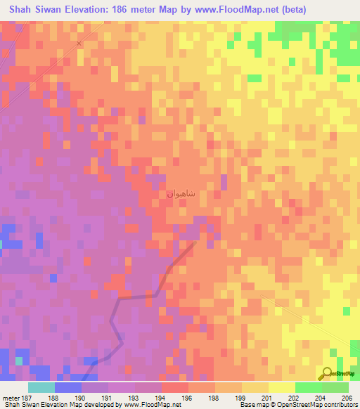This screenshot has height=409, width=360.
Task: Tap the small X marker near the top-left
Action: (x=79, y=43)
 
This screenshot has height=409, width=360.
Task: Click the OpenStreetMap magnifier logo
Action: (x=328, y=374)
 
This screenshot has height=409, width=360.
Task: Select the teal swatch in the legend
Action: (x=41, y=387)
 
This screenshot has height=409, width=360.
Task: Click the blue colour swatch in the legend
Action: (x=68, y=387)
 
